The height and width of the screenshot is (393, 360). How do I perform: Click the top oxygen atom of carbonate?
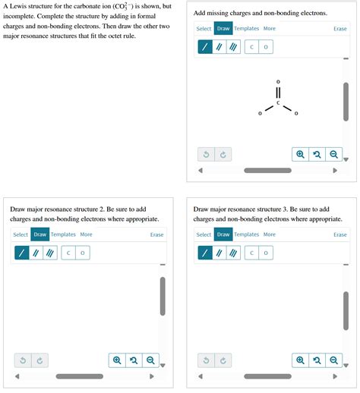click(278, 82)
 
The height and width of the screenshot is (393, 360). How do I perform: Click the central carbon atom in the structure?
click(278, 103)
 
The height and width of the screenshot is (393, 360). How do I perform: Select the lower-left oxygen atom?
click(260, 114)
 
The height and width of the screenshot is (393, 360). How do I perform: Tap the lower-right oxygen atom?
click(296, 114)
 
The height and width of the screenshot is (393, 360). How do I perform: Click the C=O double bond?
click(278, 93)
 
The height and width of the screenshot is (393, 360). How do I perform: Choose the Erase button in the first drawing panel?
click(340, 29)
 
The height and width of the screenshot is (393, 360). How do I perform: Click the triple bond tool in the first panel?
click(233, 47)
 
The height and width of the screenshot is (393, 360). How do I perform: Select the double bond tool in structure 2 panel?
click(36, 253)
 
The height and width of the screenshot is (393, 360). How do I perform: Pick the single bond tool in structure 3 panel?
click(205, 253)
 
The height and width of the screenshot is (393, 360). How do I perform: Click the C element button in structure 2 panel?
click(68, 253)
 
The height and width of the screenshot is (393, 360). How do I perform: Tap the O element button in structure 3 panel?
click(266, 253)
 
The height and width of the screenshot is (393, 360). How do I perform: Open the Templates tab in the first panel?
click(246, 28)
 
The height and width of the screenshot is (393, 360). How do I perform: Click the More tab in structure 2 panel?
click(86, 234)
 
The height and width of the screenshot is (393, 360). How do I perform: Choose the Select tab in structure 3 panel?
click(204, 234)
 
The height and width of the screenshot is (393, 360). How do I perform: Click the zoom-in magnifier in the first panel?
click(300, 154)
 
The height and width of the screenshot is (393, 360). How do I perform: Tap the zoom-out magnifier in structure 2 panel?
click(150, 360)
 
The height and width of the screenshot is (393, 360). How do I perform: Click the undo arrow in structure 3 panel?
click(206, 360)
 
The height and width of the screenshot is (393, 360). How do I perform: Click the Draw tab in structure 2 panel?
click(40, 234)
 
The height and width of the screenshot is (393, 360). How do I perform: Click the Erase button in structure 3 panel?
click(340, 234)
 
